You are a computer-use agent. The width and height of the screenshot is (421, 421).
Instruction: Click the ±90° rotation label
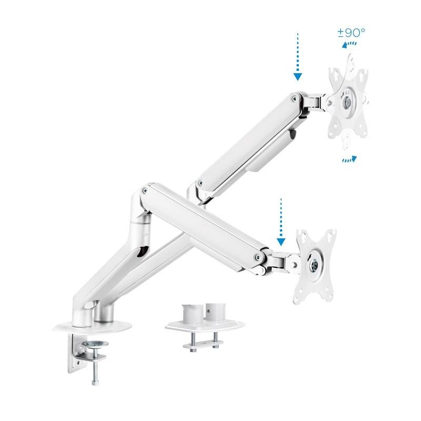(x=351, y=33)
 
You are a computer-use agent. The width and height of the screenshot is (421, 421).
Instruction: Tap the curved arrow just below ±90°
(x=347, y=45)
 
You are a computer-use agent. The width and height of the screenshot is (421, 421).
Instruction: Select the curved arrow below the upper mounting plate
(x=349, y=159)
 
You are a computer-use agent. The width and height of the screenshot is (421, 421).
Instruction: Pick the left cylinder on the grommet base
(x=189, y=313)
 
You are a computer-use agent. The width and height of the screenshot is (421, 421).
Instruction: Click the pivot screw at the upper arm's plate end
(x=294, y=98)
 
